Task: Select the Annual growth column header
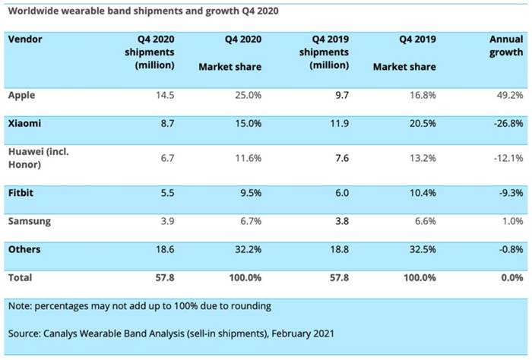505,46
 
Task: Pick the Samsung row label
28,221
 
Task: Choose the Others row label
24,249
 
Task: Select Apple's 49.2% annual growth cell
508,95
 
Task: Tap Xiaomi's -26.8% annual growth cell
506,123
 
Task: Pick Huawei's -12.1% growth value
506,158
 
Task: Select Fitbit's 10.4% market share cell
420,193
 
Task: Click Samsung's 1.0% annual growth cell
511,221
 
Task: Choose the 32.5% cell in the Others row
420,249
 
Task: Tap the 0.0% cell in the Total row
511,278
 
